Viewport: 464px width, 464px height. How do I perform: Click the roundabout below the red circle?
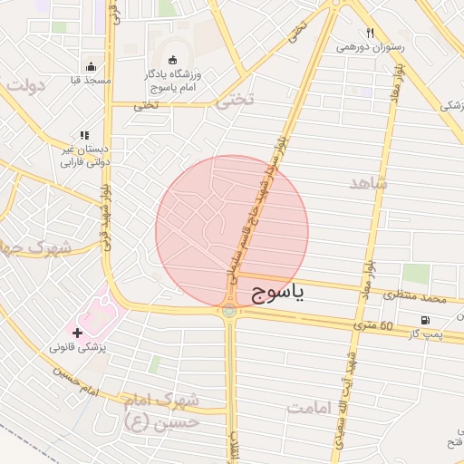coord(227,311)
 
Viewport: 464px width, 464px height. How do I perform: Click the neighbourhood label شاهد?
coord(367,183)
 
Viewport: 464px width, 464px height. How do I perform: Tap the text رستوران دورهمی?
coord(370,46)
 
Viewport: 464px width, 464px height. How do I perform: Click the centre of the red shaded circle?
coord(232,231)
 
